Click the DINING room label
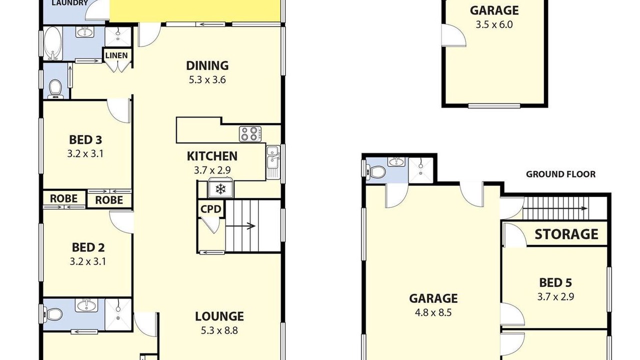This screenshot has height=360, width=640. pos(207,65)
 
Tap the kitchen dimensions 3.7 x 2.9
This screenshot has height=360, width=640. pos(212,170)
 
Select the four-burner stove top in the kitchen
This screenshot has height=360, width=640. pos(250,133)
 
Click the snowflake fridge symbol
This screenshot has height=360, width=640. pos(220,188)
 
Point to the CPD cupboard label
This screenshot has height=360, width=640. pos(211,209)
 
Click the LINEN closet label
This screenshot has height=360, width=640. pos(116,55)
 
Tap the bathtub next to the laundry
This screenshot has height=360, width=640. pos(53,43)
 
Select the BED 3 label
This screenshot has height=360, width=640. pos(85,140)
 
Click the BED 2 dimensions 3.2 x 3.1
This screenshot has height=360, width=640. pos(87,261)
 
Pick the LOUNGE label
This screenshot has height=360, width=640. pos(219,316)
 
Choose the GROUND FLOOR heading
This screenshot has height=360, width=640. pos(560,174)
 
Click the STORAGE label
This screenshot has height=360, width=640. pos(566,234)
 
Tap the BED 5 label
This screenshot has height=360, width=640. pos(555,283)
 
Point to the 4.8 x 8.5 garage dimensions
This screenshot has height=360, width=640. pos(433,312)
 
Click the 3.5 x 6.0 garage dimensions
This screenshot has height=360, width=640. pos(494,24)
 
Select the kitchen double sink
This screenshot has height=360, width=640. pos(273,162)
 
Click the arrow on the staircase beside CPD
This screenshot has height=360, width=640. pos(240,226)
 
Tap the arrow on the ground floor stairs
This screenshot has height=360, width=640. pos(555,208)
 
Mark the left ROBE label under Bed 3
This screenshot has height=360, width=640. pos(63,198)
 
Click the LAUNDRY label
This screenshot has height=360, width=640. pos(69,3)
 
